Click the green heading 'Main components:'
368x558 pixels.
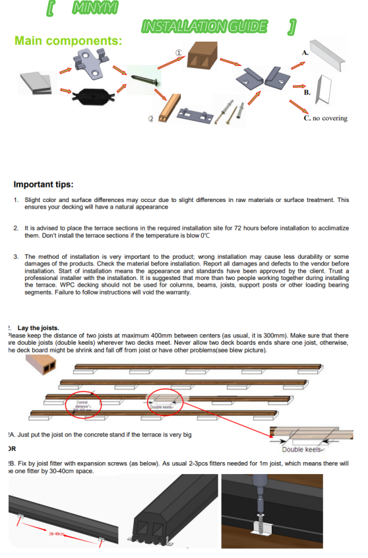pos(68,41)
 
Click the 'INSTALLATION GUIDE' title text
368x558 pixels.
pos(204,26)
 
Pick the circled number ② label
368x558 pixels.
pos(150,119)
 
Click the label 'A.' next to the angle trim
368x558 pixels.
pos(304,51)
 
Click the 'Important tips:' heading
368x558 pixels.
pos(44,184)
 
